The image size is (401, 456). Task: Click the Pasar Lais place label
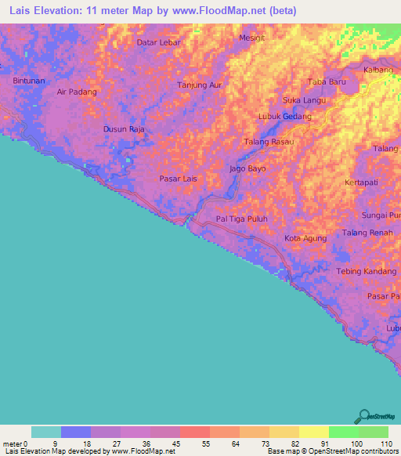[178, 179]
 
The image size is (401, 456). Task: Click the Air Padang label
[77, 92]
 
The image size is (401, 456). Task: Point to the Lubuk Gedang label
[285, 117]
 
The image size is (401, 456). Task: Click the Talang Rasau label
[269, 142]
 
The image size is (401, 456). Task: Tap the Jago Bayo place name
[247, 168]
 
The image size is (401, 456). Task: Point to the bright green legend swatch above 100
[343, 432]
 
